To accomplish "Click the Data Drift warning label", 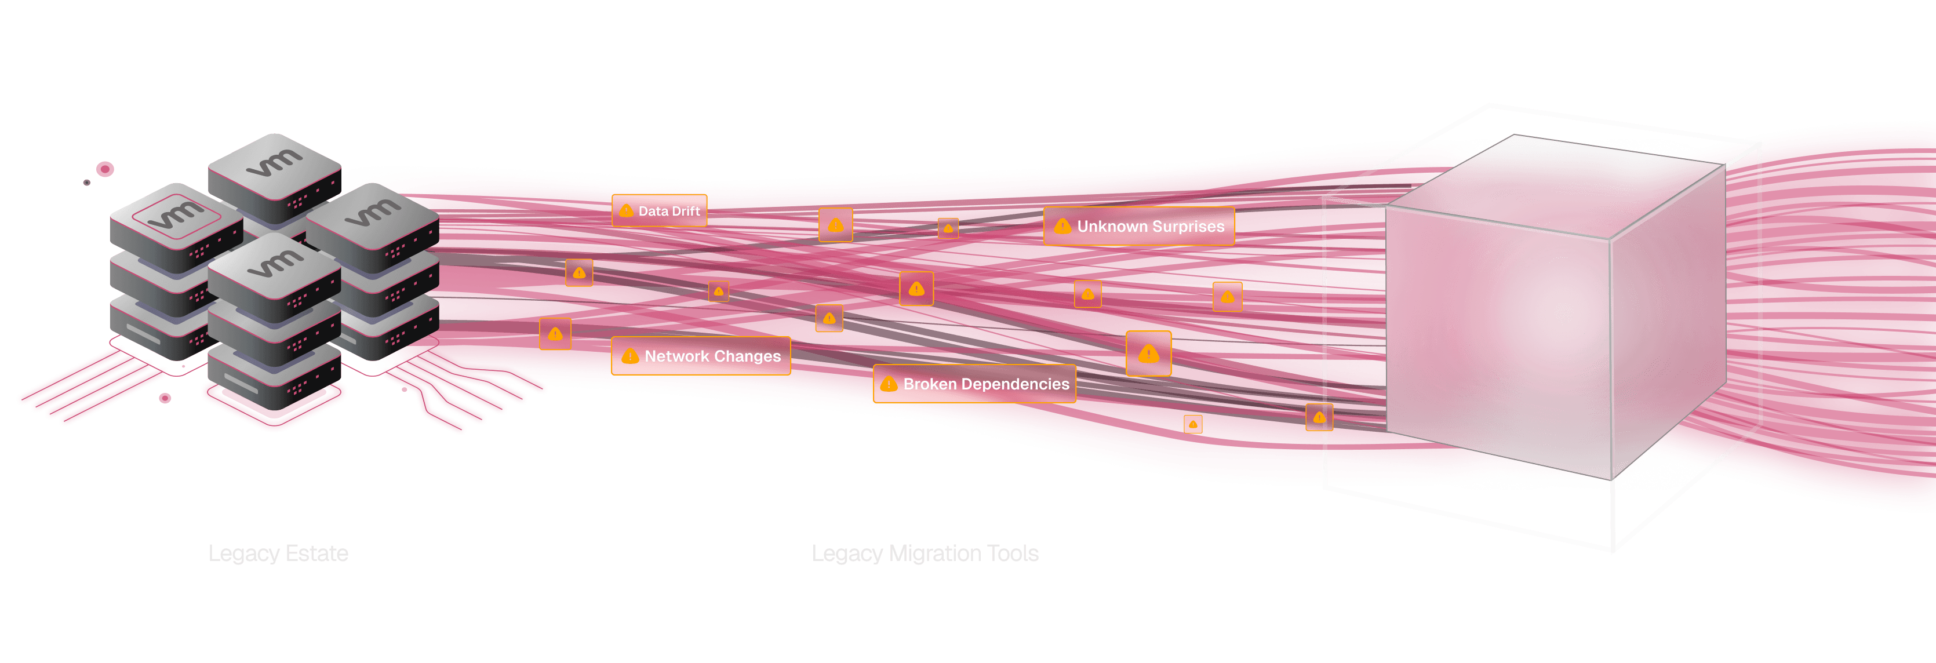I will (x=659, y=210).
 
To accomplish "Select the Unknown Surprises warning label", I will (x=1138, y=226).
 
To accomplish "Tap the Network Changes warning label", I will (x=700, y=356).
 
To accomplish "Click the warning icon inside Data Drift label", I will (x=626, y=211).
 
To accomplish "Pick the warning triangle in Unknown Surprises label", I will (x=1062, y=226).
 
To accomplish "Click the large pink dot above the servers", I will (x=105, y=169).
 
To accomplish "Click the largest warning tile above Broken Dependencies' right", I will (x=1148, y=354).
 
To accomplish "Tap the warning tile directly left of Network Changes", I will (x=555, y=334).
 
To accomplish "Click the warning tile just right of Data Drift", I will (x=835, y=225).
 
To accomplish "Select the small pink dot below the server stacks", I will (x=165, y=398).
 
